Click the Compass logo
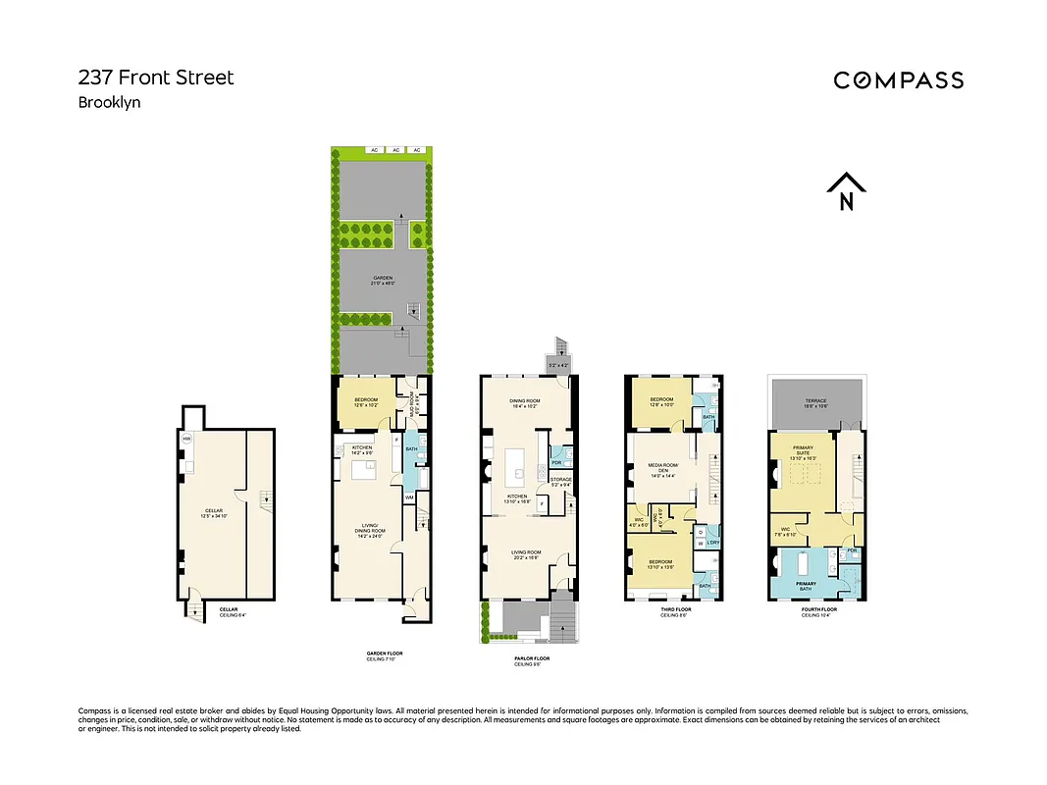click(898, 80)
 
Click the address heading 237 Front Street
click(156, 78)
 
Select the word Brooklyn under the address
click(109, 102)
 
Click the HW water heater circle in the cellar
click(186, 439)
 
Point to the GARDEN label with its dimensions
click(383, 280)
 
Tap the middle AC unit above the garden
click(394, 150)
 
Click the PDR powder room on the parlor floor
click(556, 462)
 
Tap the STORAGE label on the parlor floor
click(560, 481)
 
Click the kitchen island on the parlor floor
click(517, 466)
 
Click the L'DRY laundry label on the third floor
click(713, 542)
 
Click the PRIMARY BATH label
click(806, 586)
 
